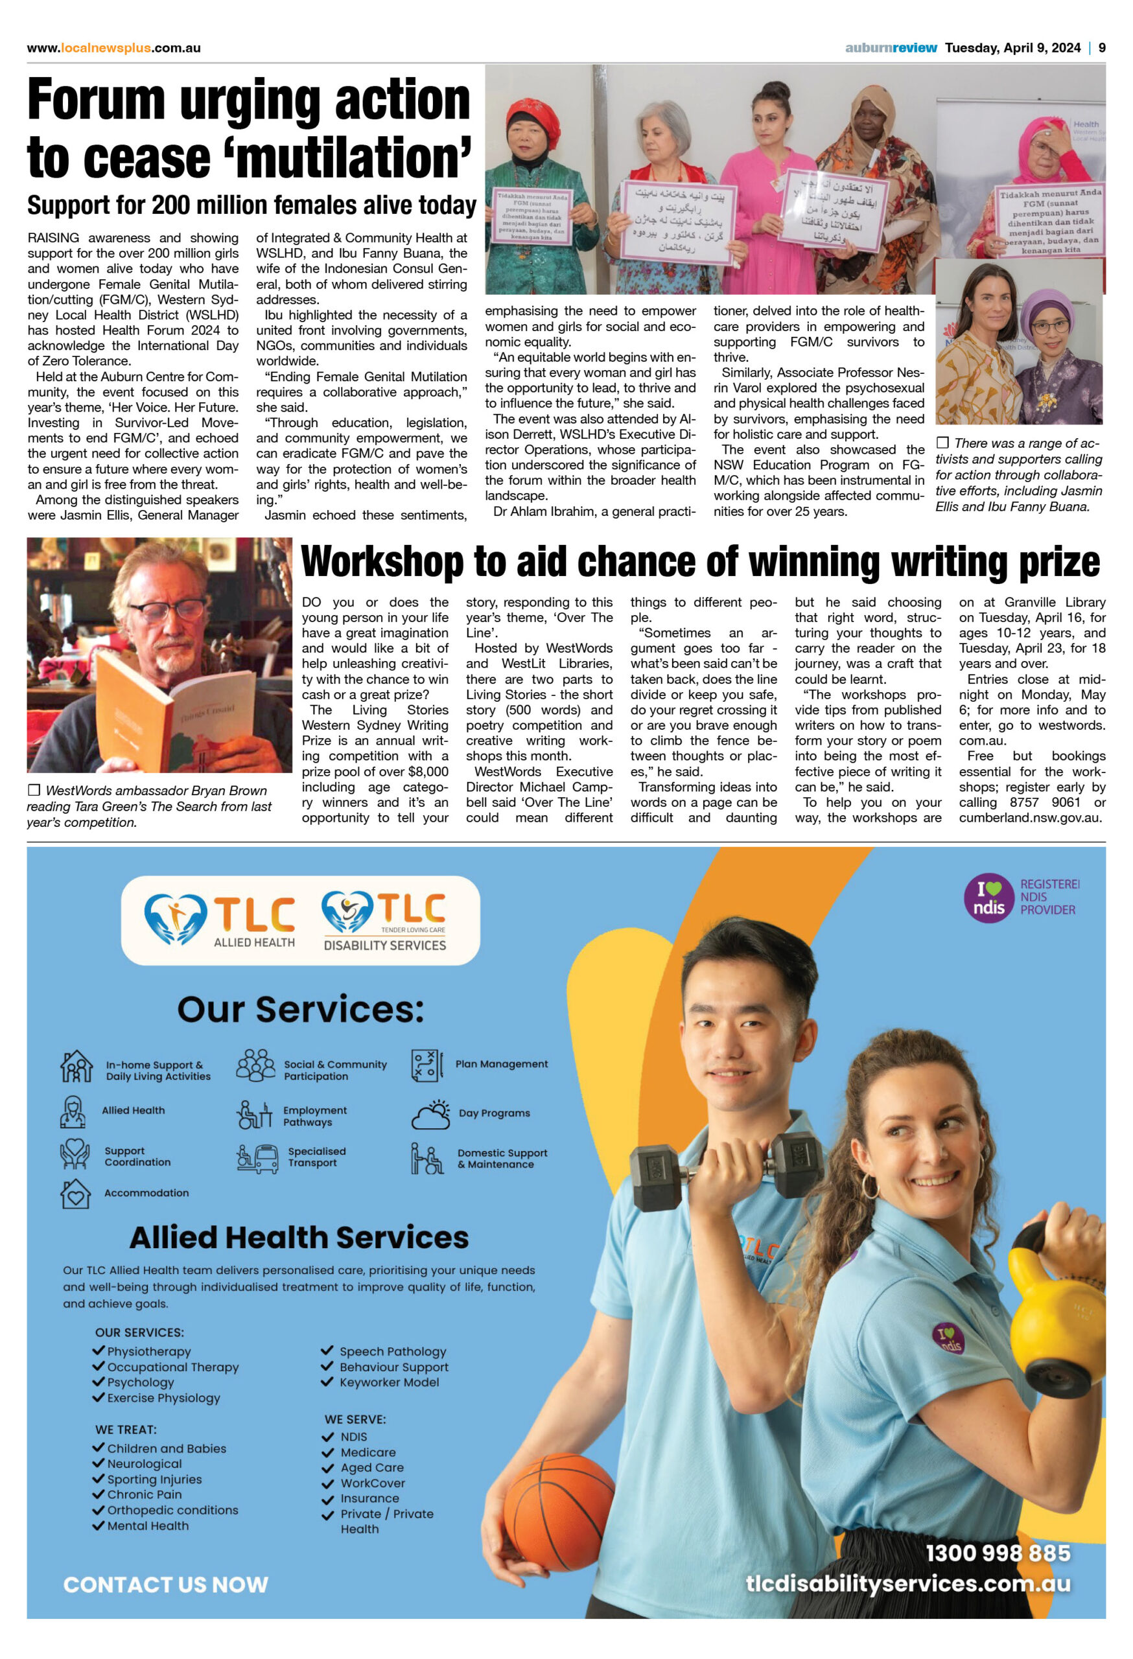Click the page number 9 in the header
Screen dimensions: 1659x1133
pyautogui.click(x=1102, y=48)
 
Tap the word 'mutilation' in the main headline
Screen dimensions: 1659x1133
pyautogui.click(x=349, y=157)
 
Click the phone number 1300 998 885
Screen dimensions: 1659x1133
pyautogui.click(x=998, y=1553)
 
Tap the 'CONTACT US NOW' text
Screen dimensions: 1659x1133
pyautogui.click(x=166, y=1584)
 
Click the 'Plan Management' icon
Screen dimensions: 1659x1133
pyautogui.click(x=426, y=1065)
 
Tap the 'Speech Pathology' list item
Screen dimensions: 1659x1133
pyautogui.click(x=392, y=1351)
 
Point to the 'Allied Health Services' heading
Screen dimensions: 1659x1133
pyautogui.click(x=299, y=1238)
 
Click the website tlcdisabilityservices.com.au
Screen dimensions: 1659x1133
pyautogui.click(x=907, y=1584)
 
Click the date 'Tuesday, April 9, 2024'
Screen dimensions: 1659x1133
pyautogui.click(x=1012, y=48)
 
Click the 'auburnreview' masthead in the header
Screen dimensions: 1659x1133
pyautogui.click(x=891, y=48)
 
